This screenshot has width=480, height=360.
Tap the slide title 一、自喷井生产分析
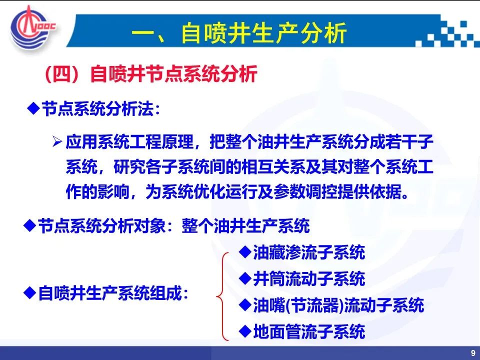(x=239, y=32)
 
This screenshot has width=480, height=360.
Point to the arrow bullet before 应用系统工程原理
(x=57, y=141)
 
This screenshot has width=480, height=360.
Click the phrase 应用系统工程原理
(x=129, y=141)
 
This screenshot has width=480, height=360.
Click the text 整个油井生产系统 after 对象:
(x=245, y=226)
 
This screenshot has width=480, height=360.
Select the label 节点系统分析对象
(x=101, y=226)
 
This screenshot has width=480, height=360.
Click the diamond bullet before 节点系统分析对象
(x=29, y=225)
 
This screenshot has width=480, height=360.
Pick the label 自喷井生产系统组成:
(x=113, y=293)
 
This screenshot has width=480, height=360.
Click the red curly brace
(x=222, y=296)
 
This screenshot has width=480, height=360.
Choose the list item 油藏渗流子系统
(x=309, y=252)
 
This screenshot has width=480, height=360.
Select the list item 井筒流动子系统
(x=309, y=279)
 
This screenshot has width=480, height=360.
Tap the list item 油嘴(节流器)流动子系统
(x=338, y=305)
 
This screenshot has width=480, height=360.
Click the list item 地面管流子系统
(x=309, y=331)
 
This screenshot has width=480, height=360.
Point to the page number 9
(x=473, y=353)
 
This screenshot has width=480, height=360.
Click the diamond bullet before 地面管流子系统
(x=245, y=331)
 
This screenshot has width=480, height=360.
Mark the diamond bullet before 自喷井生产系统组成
(x=29, y=292)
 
